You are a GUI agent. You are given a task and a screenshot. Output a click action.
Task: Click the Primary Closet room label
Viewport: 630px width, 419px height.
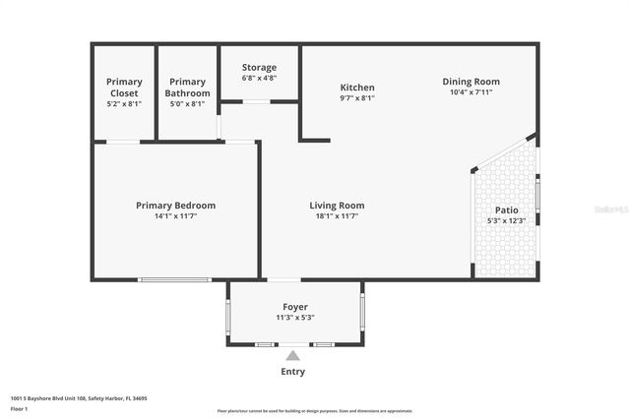[x=124, y=88]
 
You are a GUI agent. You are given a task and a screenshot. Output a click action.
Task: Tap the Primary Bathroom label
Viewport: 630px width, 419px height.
[x=186, y=88]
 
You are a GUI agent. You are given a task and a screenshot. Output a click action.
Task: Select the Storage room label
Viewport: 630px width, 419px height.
[x=259, y=68]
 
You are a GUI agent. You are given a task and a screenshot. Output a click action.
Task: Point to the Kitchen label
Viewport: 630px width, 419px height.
[x=357, y=88]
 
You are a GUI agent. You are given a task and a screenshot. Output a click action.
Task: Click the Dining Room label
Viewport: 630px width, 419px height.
[x=471, y=82]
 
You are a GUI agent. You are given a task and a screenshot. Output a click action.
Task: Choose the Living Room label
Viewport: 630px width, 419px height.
[x=337, y=206]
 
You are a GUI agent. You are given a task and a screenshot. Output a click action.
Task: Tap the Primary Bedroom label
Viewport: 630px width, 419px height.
[x=175, y=206]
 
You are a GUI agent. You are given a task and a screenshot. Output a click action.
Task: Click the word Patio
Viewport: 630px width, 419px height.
[x=506, y=210]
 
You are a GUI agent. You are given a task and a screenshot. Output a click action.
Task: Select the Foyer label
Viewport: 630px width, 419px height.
[x=295, y=307]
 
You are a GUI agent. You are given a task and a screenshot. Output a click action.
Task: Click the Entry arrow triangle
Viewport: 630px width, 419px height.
[x=292, y=355]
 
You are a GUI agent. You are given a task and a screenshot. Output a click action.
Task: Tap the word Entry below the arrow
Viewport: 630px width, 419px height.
[x=292, y=372]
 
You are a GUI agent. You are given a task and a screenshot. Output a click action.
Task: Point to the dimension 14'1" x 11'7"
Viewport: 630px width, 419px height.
[x=175, y=216]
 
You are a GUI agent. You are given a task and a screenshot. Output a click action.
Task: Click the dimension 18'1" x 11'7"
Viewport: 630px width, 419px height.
[x=337, y=216]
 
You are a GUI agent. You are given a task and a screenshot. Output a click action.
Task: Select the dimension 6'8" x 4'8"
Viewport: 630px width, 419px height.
[x=259, y=78]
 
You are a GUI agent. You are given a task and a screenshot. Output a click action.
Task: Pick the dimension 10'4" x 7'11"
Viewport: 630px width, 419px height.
[x=471, y=92]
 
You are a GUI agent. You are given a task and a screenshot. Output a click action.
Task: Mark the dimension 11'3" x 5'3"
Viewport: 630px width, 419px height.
[x=295, y=318]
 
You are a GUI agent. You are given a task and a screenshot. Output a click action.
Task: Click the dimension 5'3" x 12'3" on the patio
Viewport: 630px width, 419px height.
[x=506, y=221]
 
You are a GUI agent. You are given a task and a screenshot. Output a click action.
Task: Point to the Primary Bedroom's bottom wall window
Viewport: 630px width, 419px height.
[x=174, y=280]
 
